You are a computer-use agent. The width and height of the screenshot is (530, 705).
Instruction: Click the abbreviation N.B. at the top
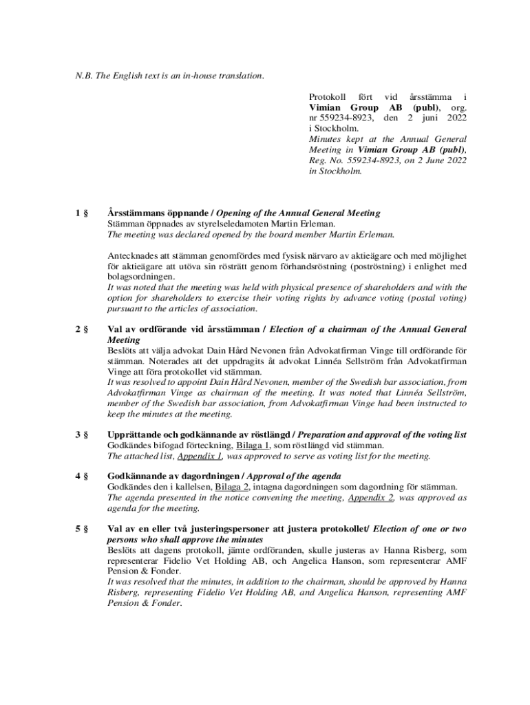coord(85,76)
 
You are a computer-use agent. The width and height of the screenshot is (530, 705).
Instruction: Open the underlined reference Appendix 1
coord(200,456)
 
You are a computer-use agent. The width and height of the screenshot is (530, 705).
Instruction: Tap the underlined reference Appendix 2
coord(370,498)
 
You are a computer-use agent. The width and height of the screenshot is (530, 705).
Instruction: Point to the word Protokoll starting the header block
coord(327,97)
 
